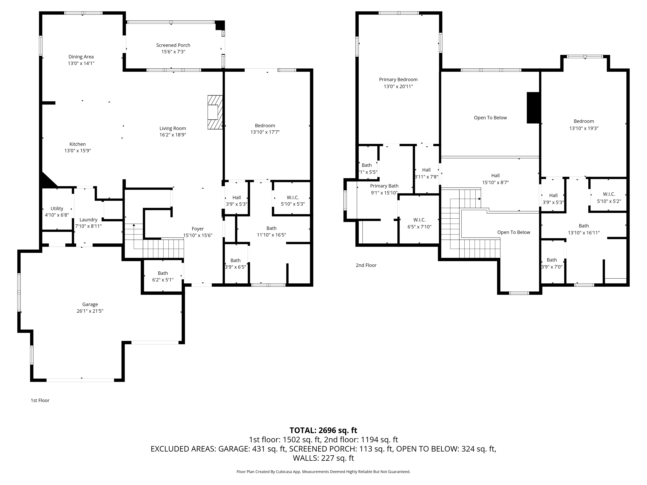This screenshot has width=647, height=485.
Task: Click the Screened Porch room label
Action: [x=173, y=45]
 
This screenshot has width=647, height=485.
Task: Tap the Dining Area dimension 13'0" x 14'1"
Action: [x=81, y=63]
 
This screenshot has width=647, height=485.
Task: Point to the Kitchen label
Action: [x=77, y=144]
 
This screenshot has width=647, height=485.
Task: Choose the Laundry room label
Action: [x=88, y=220]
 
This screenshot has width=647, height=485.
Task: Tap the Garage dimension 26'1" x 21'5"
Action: [x=90, y=311]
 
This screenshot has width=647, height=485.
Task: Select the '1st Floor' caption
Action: [x=40, y=400]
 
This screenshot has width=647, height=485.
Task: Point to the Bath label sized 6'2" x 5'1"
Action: [x=163, y=273]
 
